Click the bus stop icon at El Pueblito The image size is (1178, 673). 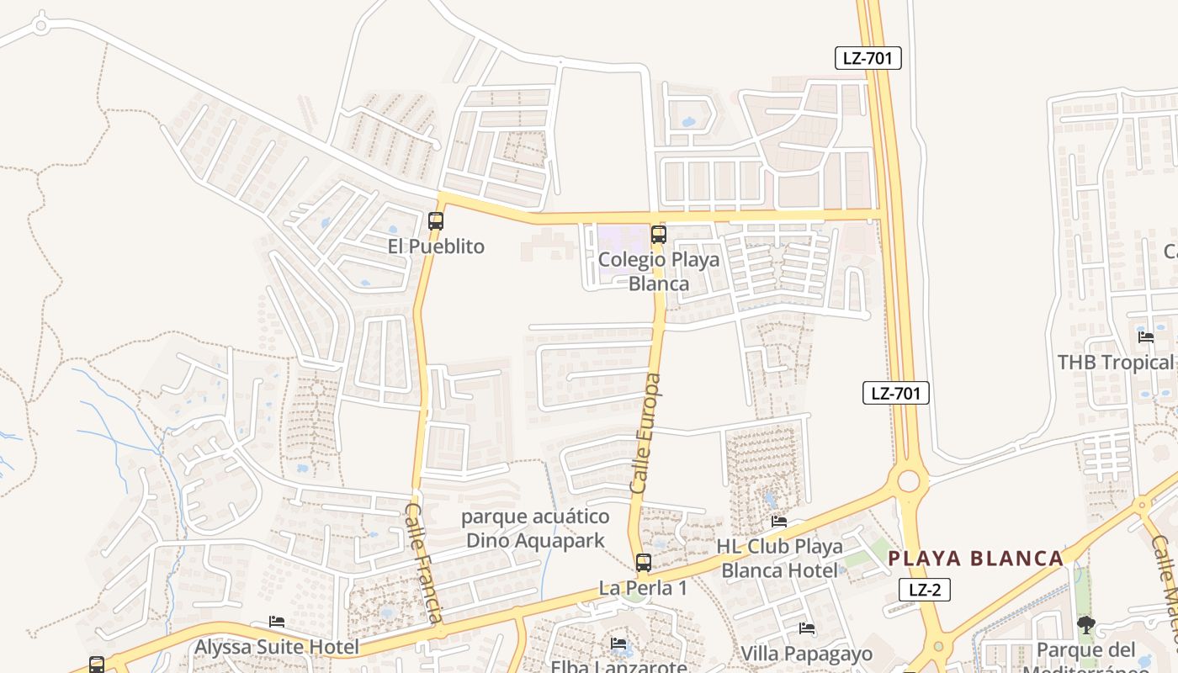tap(436, 221)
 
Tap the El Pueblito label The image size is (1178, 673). tap(436, 246)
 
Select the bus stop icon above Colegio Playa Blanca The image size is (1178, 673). tap(659, 235)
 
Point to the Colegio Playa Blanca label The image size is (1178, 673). tap(659, 271)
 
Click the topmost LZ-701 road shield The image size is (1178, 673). tap(868, 58)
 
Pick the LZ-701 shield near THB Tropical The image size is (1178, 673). tap(896, 393)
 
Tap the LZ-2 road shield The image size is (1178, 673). tap(925, 590)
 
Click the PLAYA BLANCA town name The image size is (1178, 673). tap(976, 559)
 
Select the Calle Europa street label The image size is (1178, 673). tap(645, 433)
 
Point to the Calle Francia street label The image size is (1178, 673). tap(424, 563)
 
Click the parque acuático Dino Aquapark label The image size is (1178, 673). tap(535, 528)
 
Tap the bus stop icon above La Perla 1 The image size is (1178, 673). tap(644, 563)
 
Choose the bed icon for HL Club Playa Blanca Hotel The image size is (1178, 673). tap(779, 522)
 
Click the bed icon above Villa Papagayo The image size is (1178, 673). tap(806, 628)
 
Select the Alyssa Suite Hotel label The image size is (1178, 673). tap(277, 647)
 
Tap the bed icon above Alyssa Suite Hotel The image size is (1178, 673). tap(277, 622)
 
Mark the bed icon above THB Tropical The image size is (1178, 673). tap(1146, 337)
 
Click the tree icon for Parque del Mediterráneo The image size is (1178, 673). tap(1086, 624)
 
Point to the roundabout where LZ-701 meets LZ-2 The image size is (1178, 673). tap(909, 481)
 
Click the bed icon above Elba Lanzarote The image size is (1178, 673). tap(619, 644)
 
